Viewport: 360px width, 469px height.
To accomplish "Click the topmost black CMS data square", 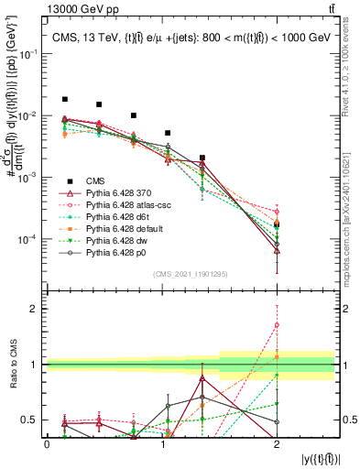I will point(64,99).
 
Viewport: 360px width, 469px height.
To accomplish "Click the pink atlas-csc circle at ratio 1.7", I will point(277,325).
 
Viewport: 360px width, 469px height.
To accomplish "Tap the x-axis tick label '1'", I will point(161,443).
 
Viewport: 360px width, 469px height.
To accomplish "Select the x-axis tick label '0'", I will point(47,443).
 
